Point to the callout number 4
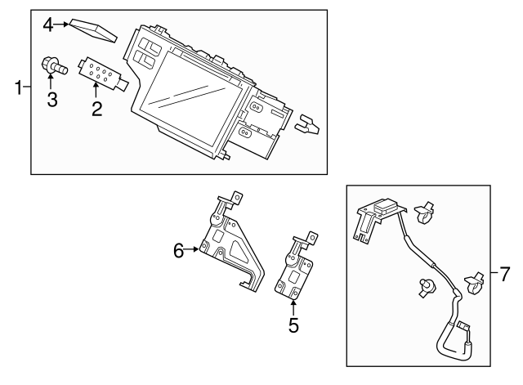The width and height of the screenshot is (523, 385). (48, 25)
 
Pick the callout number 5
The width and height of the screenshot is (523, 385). (293, 325)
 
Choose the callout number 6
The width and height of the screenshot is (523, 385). (178, 251)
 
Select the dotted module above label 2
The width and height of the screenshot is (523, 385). (101, 71)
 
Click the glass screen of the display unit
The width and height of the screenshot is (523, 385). (190, 101)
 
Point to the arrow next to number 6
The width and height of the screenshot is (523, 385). (193, 249)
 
